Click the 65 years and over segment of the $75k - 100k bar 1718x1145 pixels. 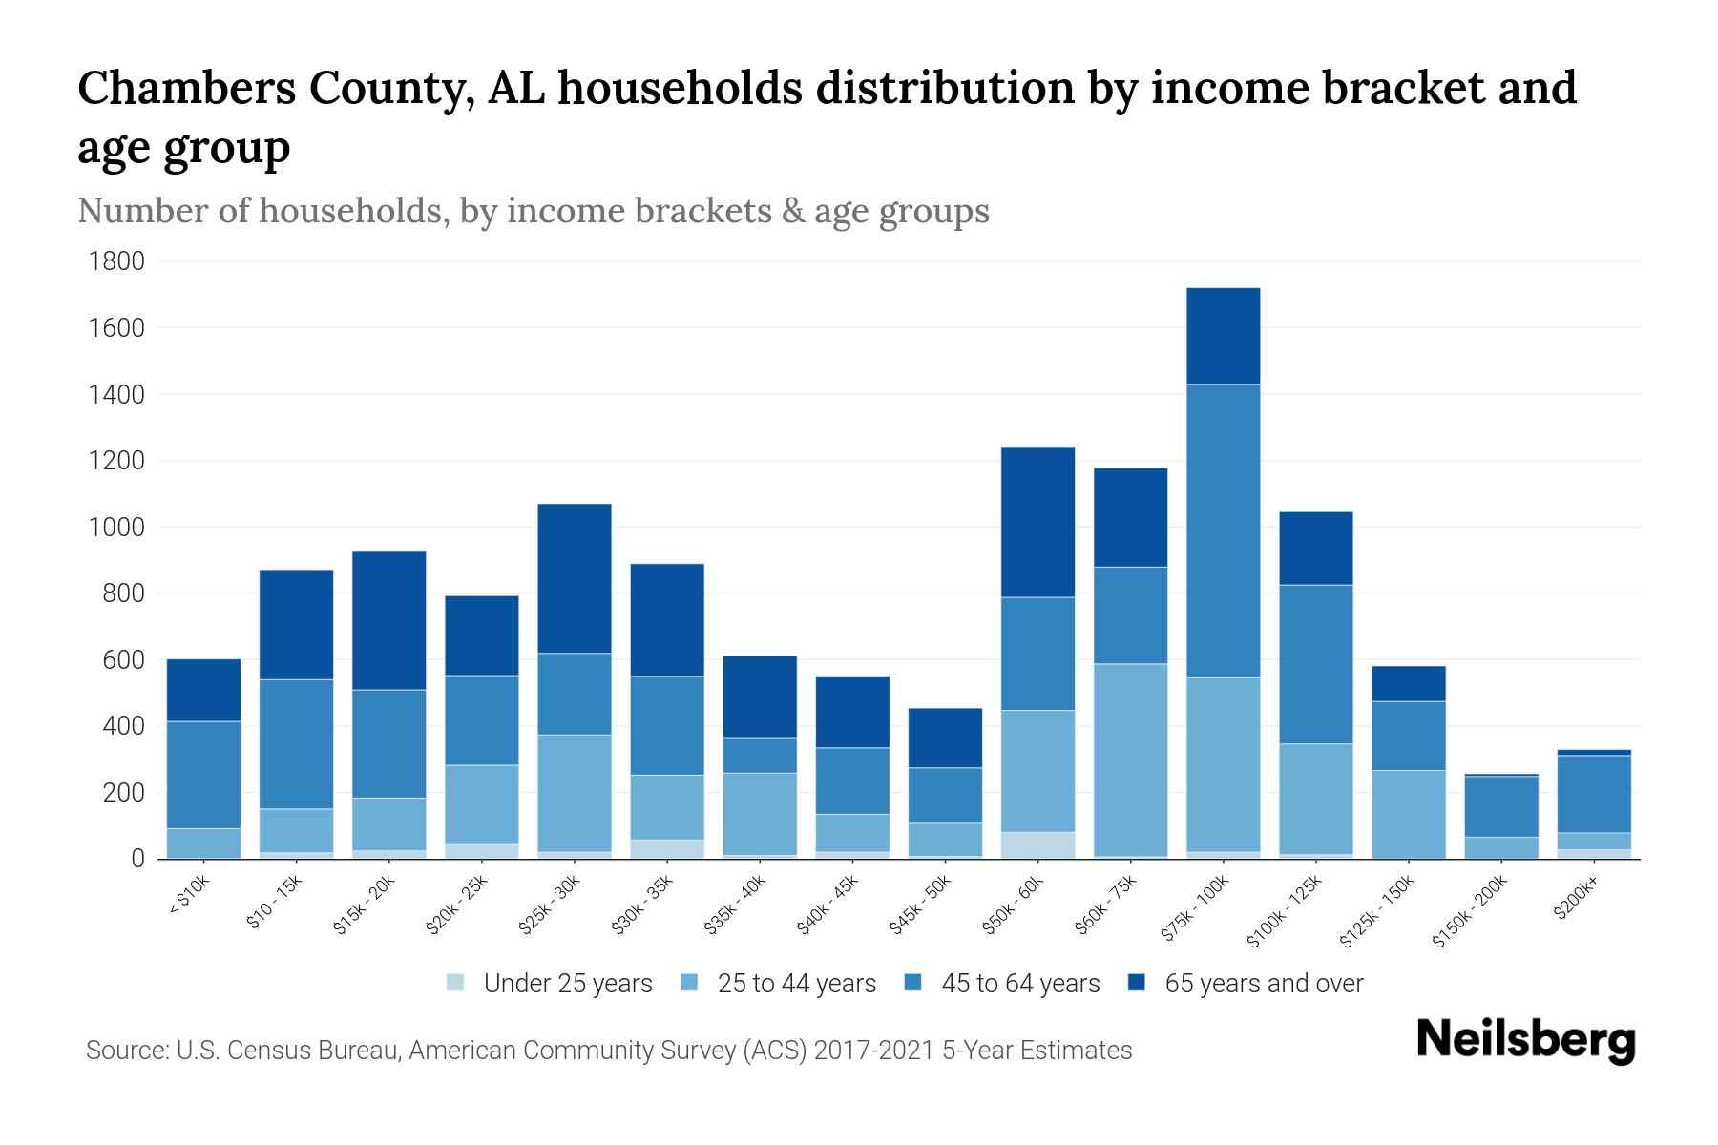tap(1223, 336)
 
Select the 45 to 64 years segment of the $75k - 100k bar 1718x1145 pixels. tap(1223, 531)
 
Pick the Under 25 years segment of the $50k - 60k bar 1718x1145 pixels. tap(1037, 845)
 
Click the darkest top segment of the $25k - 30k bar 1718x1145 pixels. tap(575, 578)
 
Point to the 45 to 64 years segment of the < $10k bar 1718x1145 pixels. tap(203, 775)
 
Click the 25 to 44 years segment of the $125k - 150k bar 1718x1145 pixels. tap(1409, 814)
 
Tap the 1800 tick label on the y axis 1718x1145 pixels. tap(116, 261)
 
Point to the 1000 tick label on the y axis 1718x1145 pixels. tap(116, 528)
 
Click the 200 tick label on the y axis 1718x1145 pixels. tap(124, 793)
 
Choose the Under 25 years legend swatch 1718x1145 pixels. tap(456, 983)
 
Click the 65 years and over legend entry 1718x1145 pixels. tap(1263, 984)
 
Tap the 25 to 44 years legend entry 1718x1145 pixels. tap(796, 984)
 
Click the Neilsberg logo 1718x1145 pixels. tap(1525, 1040)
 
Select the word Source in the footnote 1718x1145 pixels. tap(125, 1051)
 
